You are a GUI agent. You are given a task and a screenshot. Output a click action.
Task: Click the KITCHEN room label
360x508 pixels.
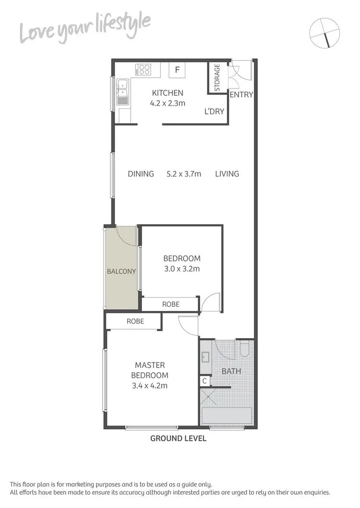coord(168,93)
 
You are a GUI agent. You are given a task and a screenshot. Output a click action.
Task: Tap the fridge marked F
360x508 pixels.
coord(177,70)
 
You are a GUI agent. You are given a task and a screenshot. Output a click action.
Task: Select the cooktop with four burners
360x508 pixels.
coord(143,70)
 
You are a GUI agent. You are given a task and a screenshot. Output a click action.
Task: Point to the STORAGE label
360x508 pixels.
coord(217,78)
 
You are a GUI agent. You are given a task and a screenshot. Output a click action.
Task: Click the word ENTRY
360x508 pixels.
coord(241,95)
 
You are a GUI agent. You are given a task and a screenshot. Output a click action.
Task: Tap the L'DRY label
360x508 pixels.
coord(214,111)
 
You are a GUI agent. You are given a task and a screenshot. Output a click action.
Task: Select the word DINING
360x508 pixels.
coord(141,174)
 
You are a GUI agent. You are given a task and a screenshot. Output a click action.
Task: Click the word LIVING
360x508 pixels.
coord(227,174)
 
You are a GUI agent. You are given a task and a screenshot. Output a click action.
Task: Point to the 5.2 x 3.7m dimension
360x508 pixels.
coord(184,174)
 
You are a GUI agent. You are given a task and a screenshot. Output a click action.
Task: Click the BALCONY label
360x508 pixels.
coord(121,271)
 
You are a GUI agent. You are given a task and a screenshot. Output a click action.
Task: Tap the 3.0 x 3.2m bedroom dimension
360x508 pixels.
coord(181,269)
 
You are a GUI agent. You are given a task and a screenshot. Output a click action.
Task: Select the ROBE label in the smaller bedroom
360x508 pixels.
coord(170,304)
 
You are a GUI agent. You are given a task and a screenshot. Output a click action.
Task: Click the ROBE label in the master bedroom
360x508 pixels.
coord(135,321)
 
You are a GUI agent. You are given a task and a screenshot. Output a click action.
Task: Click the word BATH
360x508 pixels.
coord(231,371)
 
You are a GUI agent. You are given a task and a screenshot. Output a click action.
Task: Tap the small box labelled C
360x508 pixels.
coord(204,381)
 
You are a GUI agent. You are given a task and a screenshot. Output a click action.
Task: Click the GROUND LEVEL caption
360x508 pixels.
coord(178,438)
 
